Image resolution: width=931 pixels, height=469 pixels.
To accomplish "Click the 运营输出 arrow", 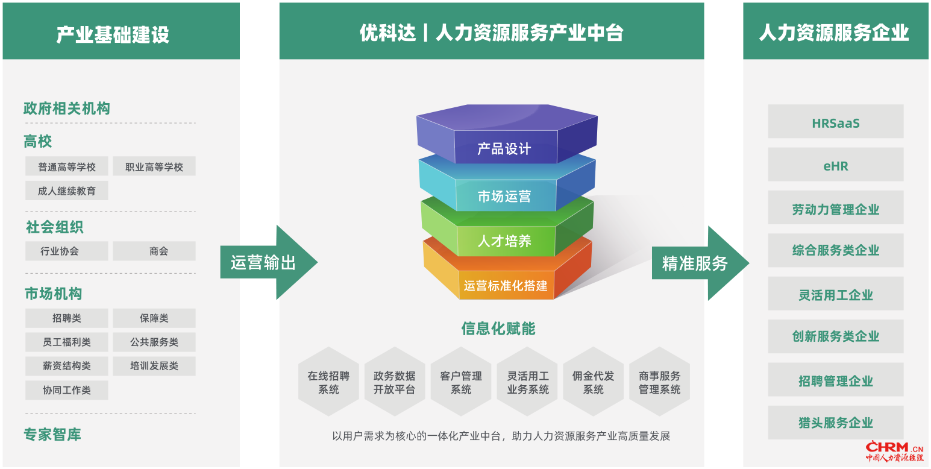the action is (x=269, y=262).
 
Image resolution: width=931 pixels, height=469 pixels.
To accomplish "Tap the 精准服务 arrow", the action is (x=701, y=263).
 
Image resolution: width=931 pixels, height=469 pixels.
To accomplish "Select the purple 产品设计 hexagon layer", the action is (x=507, y=134).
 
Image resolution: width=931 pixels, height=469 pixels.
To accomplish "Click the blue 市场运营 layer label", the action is (x=504, y=197).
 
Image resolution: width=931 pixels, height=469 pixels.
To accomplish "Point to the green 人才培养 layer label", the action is (x=504, y=241).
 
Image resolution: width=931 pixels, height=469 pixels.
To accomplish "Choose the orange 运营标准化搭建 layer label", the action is (x=506, y=286).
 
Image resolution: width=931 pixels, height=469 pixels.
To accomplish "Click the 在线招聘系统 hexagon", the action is (x=328, y=382).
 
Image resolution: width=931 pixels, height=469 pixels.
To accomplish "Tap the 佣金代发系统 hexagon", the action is (x=593, y=382).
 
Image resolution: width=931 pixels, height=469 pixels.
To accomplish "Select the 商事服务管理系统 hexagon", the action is (x=660, y=382).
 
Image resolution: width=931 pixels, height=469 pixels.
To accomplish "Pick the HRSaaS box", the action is (x=836, y=121).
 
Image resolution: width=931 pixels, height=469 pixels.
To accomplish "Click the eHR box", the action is (x=836, y=164).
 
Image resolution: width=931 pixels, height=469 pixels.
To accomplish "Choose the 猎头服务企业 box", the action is (x=836, y=423).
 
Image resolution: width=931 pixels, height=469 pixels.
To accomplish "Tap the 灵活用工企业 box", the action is (x=836, y=293).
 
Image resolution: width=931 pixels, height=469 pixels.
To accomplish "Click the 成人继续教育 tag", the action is (x=66, y=190).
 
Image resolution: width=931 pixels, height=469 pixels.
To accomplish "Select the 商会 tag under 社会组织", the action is (x=154, y=251).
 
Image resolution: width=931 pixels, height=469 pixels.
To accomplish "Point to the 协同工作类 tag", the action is (x=66, y=390).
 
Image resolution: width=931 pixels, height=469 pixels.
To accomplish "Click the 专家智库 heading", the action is (x=52, y=435).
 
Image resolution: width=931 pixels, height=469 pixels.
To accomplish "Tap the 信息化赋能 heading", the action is (x=498, y=329).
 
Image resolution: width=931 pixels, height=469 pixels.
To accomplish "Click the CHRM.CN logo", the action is (x=895, y=451).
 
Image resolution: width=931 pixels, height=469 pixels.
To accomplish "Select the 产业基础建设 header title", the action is (x=113, y=34).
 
